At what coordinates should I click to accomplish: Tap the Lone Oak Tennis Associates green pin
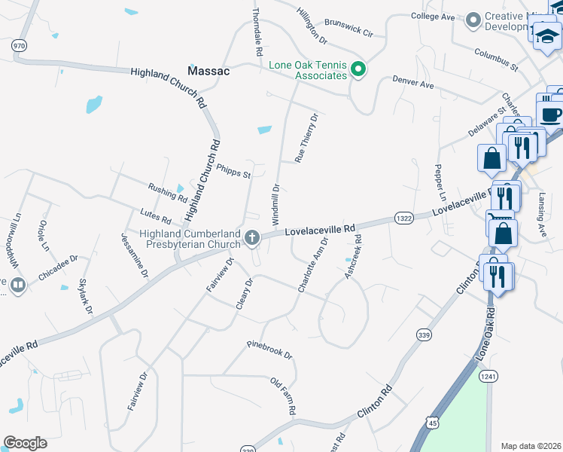click(x=359, y=70)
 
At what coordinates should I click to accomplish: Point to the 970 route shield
click(x=18, y=46)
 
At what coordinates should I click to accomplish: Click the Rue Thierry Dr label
click(x=307, y=138)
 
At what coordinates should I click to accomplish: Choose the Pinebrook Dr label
click(x=269, y=350)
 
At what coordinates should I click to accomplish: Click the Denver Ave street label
click(x=412, y=81)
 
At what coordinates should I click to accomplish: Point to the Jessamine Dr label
click(x=129, y=253)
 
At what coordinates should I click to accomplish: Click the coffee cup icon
click(x=551, y=115)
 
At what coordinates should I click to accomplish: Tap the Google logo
click(x=25, y=443)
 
